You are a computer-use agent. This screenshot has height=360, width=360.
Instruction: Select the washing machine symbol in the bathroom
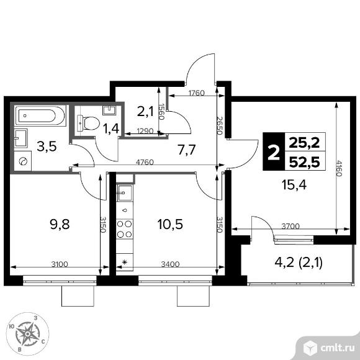[23, 161]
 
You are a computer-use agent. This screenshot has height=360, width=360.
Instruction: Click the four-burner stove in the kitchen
[125, 228]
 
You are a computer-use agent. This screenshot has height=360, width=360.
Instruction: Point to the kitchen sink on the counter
[125, 193]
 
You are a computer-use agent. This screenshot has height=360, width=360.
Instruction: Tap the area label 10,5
[170, 224]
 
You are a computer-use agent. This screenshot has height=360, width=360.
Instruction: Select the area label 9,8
[60, 224]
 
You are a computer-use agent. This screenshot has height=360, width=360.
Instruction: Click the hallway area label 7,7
[186, 150]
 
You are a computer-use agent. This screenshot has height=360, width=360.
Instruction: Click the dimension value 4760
[145, 163]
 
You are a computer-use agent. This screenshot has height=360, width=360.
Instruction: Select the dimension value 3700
[290, 227]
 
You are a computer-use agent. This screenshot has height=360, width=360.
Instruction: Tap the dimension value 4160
[339, 168]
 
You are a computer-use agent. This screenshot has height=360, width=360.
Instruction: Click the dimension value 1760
[196, 93]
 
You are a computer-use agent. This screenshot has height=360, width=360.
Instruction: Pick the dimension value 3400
[170, 264]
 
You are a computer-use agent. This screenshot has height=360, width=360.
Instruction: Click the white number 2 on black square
[274, 151]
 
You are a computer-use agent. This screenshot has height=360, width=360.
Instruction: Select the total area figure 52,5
[304, 162]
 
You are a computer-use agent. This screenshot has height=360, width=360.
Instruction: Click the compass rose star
[27, 333]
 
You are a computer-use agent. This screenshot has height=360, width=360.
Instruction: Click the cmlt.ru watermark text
[337, 349]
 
